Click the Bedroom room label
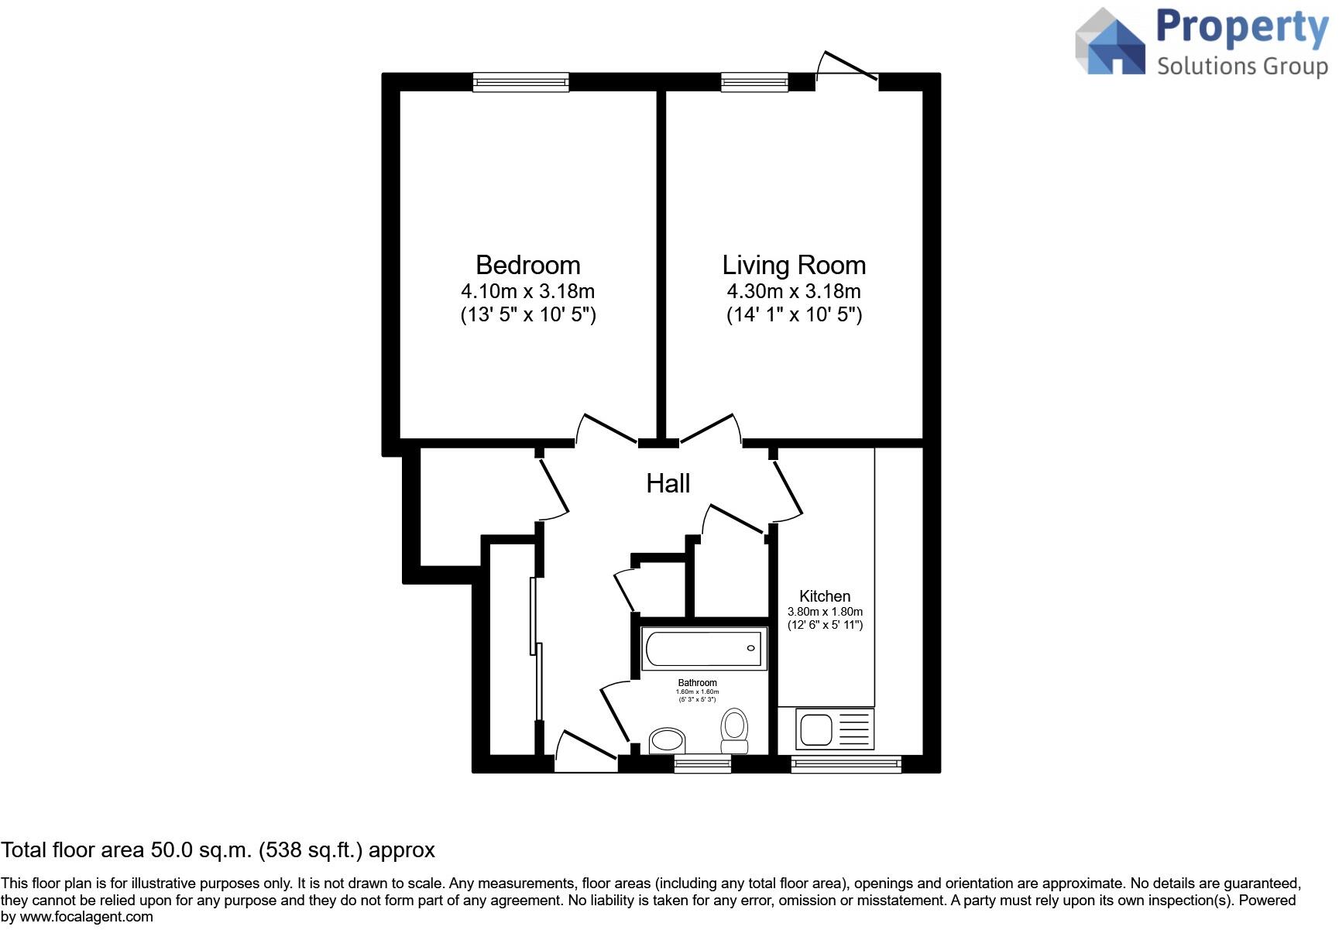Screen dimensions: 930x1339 point(527,266)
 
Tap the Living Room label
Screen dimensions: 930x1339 point(794,266)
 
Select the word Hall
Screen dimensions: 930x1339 point(668,484)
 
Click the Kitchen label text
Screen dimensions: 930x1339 point(825,596)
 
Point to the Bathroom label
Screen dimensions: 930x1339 point(697,683)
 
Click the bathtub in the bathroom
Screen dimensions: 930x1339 point(703,649)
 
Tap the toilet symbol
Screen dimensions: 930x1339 point(734,730)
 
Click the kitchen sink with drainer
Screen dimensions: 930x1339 point(835,729)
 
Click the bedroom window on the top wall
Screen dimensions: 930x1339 point(520,82)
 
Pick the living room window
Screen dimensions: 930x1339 point(754,82)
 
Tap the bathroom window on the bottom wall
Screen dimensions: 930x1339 point(702,764)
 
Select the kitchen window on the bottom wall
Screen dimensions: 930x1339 point(846,764)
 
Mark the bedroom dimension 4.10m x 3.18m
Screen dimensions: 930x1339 point(527,292)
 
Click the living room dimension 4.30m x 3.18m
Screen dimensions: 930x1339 point(794,292)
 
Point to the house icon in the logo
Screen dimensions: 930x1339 point(1111,43)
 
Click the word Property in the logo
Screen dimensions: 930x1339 point(1241,28)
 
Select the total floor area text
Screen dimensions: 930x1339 point(218,850)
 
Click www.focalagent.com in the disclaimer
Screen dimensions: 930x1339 point(86,917)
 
